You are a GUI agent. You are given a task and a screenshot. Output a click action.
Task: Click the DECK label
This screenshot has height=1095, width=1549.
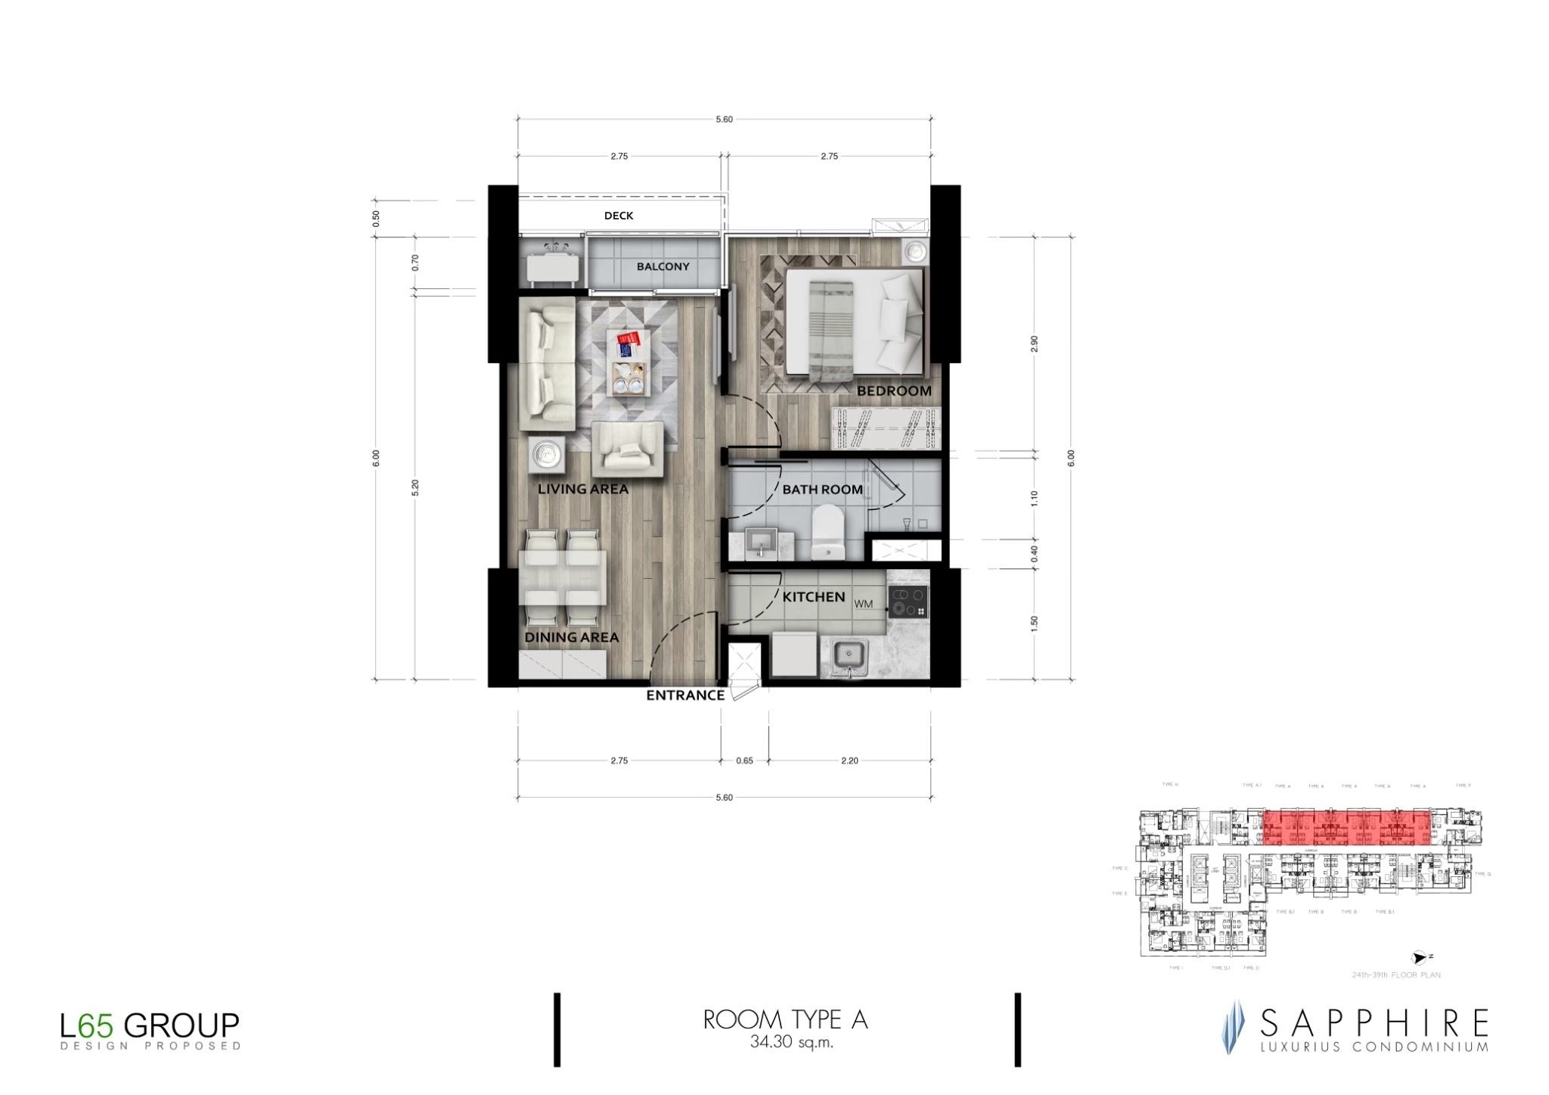coord(618,216)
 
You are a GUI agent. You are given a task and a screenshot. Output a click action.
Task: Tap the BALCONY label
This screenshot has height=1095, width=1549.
coord(663,266)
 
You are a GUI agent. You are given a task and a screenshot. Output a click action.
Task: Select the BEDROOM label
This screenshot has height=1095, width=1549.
coord(893,391)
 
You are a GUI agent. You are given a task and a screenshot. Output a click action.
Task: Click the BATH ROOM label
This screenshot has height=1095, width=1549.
coord(822,490)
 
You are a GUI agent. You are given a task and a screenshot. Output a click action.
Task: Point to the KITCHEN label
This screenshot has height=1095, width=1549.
coord(813,597)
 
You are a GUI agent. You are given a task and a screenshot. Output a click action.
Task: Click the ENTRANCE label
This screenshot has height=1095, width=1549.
coord(684,695)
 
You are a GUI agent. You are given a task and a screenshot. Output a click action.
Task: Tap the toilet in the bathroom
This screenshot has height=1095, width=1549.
coord(827,533)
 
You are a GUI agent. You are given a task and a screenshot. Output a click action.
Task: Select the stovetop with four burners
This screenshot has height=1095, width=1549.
coord(908,602)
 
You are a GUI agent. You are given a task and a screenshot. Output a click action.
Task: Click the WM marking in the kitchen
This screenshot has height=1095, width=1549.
coord(863,605)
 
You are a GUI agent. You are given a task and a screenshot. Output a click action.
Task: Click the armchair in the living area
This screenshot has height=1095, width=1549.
coord(627,448)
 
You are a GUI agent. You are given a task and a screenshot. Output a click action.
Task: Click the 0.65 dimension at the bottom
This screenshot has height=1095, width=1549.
coord(744,761)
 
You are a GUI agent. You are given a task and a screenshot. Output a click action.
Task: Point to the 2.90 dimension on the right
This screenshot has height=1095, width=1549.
coord(1035,344)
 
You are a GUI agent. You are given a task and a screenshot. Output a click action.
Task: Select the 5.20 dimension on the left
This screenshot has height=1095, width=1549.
coord(414,487)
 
